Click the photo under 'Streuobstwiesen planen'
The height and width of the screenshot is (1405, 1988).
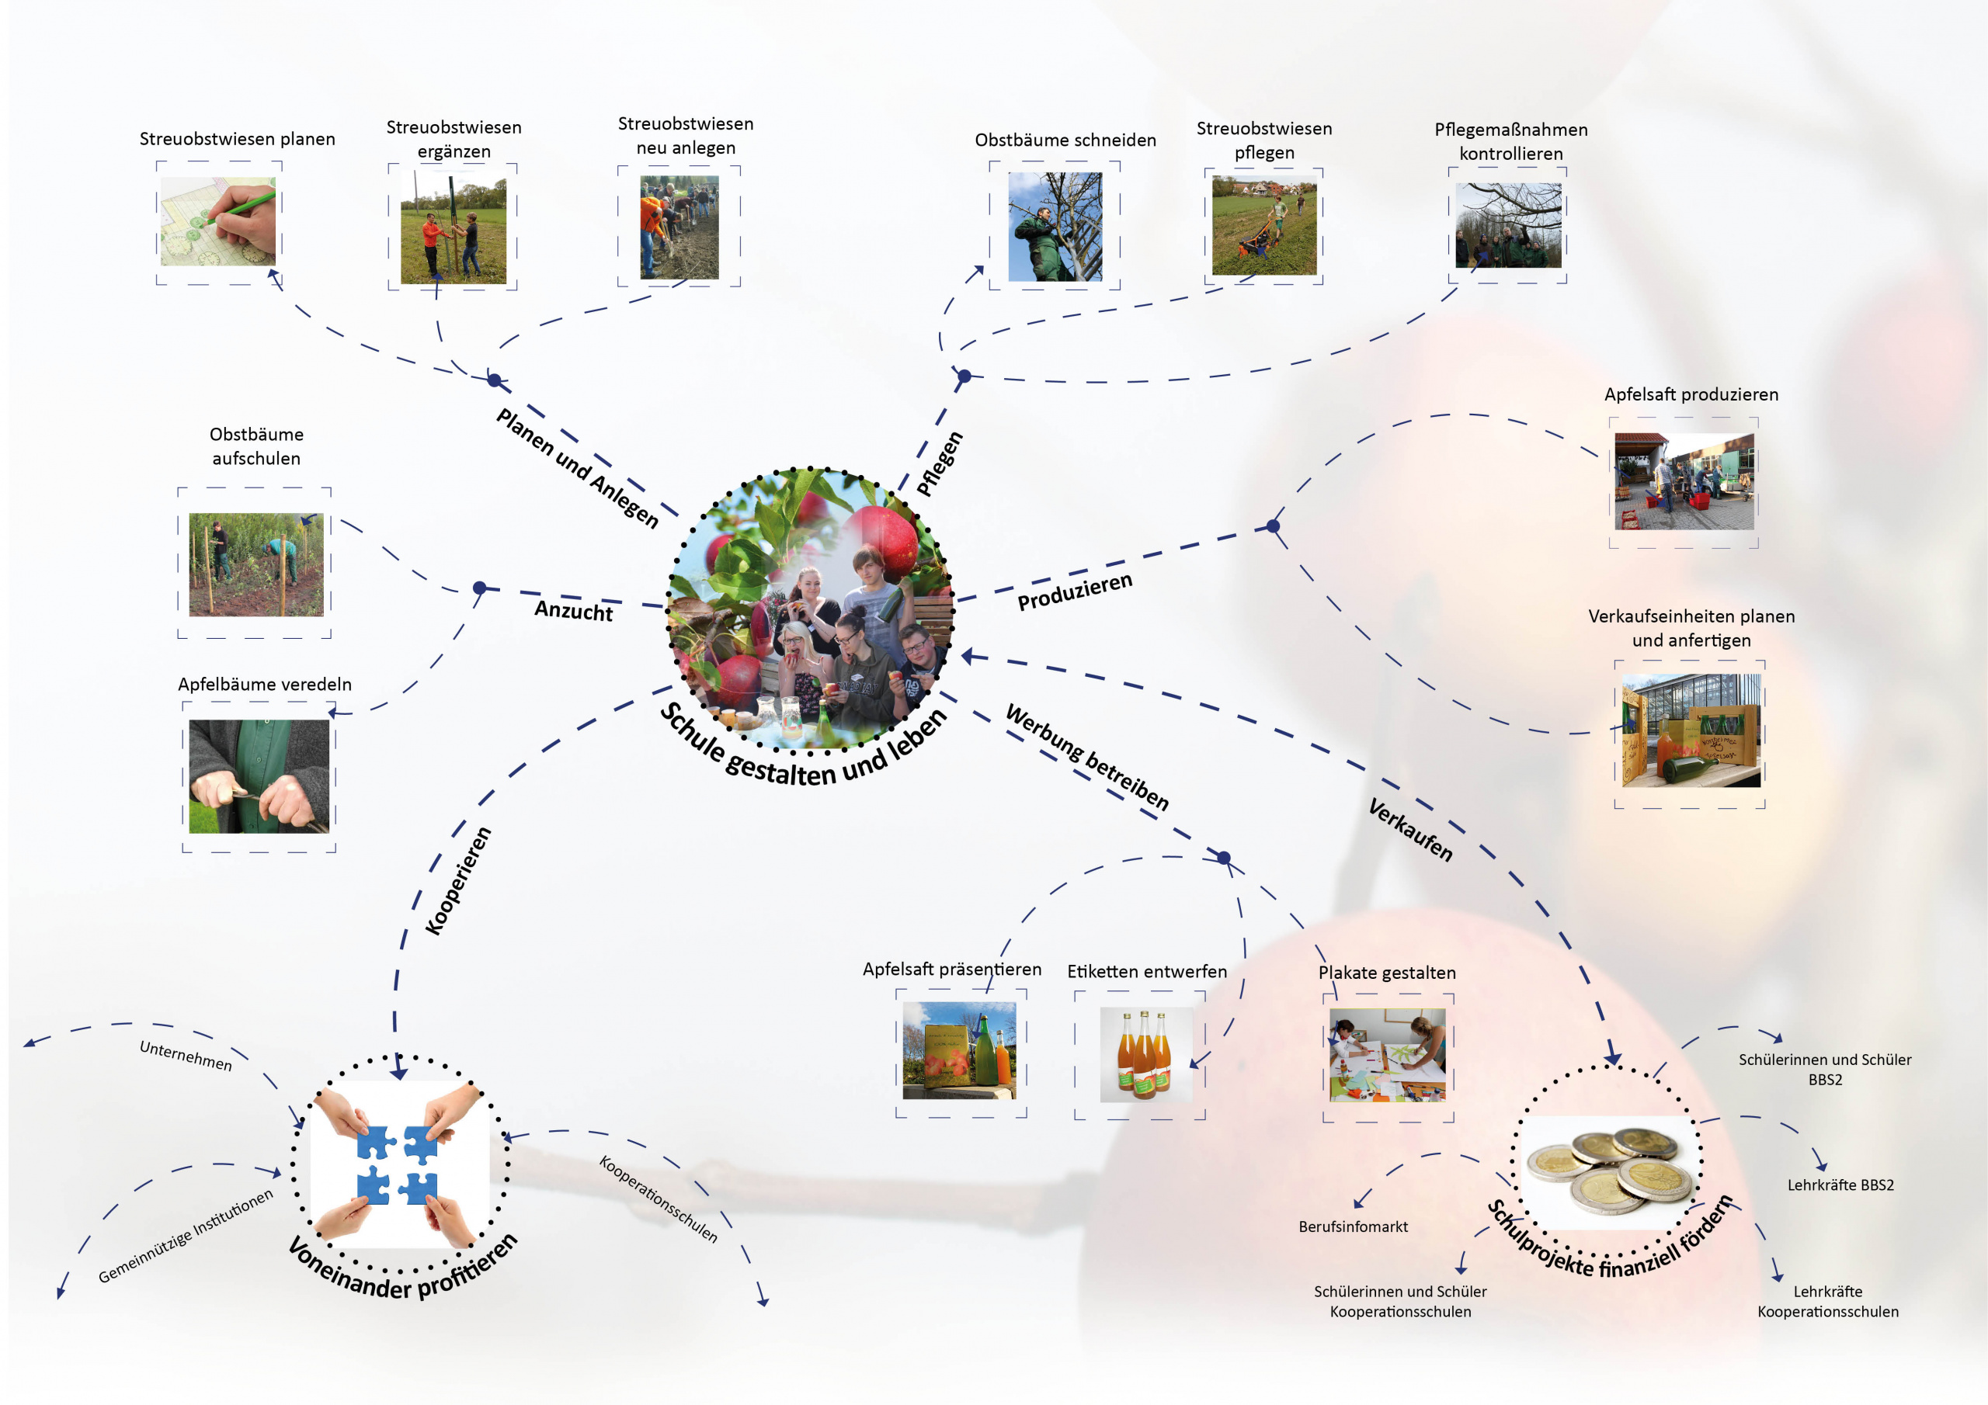[218, 221]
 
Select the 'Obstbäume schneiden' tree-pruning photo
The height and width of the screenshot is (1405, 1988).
[1055, 226]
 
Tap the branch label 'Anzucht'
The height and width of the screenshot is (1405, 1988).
[573, 610]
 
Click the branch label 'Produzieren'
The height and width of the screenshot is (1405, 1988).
[1075, 591]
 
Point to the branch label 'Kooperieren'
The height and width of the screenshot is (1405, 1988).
[459, 880]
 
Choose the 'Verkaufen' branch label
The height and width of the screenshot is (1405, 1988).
[1410, 829]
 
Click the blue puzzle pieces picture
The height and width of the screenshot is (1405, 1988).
[398, 1164]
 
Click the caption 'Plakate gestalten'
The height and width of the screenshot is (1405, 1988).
[1387, 972]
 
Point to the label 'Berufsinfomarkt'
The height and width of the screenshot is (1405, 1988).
[1353, 1226]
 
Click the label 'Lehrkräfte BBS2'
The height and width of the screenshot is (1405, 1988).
[1840, 1185]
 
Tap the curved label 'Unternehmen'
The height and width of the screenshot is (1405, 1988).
[186, 1055]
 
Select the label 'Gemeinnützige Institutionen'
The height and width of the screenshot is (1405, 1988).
[186, 1237]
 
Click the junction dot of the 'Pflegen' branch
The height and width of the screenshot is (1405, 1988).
[964, 376]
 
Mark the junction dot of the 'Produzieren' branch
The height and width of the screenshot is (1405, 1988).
[1273, 526]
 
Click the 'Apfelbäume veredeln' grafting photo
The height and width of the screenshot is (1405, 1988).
[259, 775]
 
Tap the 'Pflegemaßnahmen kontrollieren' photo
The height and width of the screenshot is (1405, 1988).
[1508, 225]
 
